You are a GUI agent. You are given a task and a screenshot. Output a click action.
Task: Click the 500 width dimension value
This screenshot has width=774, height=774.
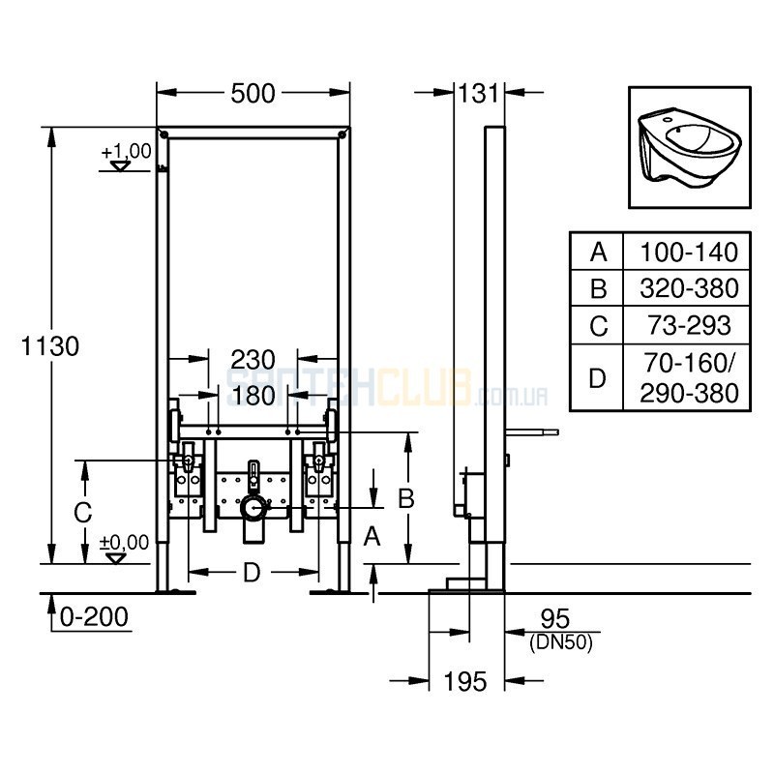pos(253,93)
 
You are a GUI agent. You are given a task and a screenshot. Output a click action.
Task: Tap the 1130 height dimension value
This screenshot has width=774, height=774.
pos(50,346)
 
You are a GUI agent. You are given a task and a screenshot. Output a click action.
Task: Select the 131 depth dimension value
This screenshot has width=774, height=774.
pos(479,93)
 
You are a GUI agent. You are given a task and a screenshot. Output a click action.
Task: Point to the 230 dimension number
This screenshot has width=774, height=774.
pos(253,360)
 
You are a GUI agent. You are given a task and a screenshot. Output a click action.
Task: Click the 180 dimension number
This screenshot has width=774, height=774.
pos(253,396)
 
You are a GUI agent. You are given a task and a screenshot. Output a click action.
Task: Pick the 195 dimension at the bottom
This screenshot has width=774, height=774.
pos(465,682)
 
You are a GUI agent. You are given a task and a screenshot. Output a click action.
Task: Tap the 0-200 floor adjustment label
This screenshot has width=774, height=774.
pos(94,616)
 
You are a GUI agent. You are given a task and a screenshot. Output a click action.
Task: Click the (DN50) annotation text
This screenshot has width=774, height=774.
pos(561,642)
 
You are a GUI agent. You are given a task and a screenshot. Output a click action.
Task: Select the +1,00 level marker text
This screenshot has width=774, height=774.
pos(127,151)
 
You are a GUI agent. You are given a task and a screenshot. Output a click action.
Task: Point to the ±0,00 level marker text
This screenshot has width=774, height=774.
pos(124,542)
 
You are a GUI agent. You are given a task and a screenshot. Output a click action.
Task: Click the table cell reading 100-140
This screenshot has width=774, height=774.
pos(689,253)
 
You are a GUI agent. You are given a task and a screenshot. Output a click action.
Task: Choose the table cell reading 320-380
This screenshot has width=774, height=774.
pos(689,288)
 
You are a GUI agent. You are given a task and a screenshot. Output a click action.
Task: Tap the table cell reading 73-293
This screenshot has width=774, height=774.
pos(689,325)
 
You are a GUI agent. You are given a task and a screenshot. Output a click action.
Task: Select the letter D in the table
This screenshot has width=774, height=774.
pos(598,378)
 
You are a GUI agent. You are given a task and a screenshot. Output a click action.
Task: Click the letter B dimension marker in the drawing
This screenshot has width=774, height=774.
pos(406,498)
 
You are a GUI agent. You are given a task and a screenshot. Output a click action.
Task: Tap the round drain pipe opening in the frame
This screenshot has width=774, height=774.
pos(253,509)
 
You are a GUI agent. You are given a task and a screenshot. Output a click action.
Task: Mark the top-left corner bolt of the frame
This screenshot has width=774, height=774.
pos(164,134)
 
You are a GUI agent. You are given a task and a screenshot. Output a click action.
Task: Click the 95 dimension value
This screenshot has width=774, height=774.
pos(555,618)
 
